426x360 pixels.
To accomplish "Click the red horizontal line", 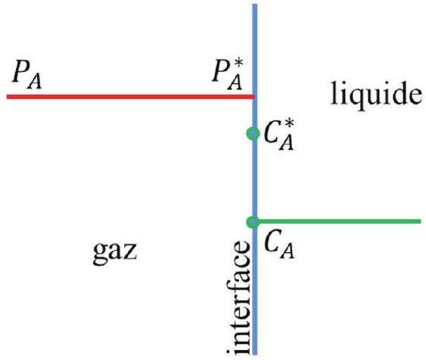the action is pyautogui.click(x=130, y=97).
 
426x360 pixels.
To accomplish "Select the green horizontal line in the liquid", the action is pyautogui.click(x=338, y=222).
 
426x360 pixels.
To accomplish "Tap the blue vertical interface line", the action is pyautogui.click(x=254, y=179).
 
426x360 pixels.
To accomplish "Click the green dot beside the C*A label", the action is pyautogui.click(x=253, y=133).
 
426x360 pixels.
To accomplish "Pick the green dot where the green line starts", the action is pyautogui.click(x=253, y=222).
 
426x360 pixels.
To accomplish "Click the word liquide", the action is pyautogui.click(x=376, y=94).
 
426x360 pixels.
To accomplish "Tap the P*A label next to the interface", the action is pyautogui.click(x=228, y=75).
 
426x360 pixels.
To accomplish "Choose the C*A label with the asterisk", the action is pyautogui.click(x=279, y=135).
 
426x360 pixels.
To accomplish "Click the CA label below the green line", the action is pyautogui.click(x=279, y=246).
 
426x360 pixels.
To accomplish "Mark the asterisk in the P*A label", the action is pyautogui.click(x=238, y=64).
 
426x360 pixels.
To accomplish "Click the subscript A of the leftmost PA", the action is pyautogui.click(x=35, y=82).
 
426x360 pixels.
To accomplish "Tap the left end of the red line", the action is pyautogui.click(x=7, y=97).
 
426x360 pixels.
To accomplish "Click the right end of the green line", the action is pyautogui.click(x=421, y=222).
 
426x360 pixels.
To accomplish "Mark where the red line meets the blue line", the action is pyautogui.click(x=254, y=97).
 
